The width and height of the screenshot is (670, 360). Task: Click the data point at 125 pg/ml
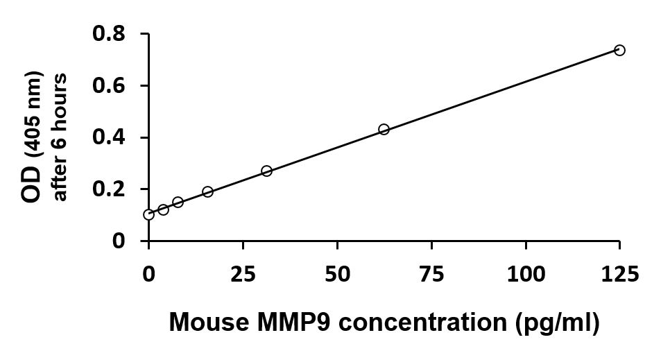point(619,51)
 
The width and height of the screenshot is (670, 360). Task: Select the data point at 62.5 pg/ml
point(384,129)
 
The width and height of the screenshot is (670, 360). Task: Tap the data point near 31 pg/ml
point(266,171)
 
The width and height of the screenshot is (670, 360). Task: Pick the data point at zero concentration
point(148,214)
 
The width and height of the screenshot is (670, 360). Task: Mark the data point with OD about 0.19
point(207,191)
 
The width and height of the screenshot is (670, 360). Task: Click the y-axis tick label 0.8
point(109,34)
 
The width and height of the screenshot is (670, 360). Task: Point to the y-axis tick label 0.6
point(109,86)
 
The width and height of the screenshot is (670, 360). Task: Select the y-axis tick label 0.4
point(109,137)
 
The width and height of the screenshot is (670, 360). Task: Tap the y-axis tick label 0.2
point(109,189)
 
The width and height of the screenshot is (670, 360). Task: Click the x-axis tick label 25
point(243,273)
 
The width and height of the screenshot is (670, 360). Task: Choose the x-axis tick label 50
point(338,273)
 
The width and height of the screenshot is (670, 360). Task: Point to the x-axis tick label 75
point(431,273)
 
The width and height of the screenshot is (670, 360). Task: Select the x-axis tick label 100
point(526,273)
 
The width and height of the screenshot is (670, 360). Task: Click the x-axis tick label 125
point(620,273)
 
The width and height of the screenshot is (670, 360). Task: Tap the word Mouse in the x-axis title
point(209,322)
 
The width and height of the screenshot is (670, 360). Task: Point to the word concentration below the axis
point(423,322)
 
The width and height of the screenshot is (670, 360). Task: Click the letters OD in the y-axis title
point(32,185)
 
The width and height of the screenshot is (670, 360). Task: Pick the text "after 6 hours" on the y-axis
point(59,137)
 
